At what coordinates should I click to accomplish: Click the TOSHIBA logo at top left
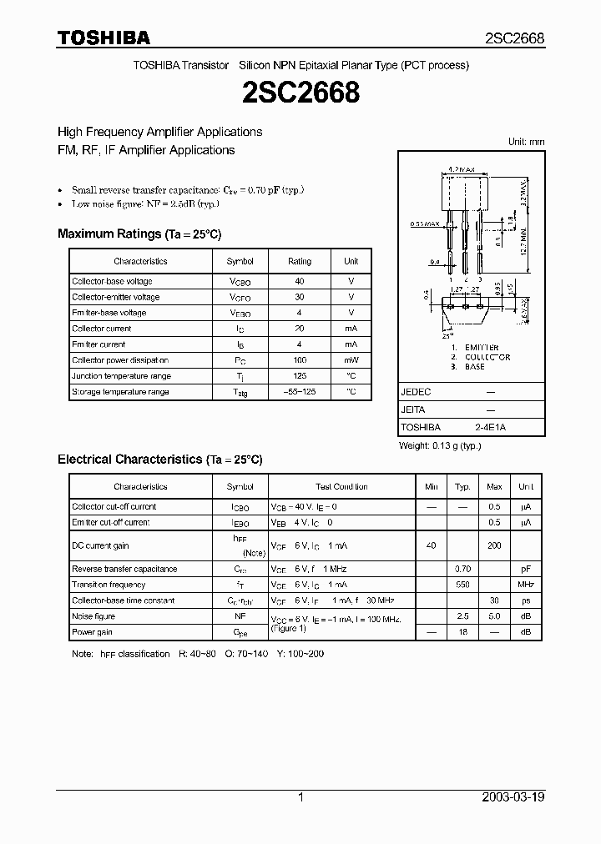(x=104, y=38)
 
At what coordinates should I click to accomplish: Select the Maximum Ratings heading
(x=139, y=234)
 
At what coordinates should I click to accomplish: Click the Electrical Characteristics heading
(x=159, y=460)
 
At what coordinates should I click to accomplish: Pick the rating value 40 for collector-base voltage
(x=300, y=281)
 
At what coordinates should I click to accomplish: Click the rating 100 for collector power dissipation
(x=300, y=360)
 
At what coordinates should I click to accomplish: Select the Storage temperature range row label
(x=120, y=392)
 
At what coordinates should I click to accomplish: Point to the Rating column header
(x=300, y=261)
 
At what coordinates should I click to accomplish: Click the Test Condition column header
(x=341, y=486)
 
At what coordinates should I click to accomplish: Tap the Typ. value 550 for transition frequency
(x=462, y=585)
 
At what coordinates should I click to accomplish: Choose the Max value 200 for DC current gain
(x=494, y=545)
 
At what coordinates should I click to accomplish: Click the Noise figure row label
(x=93, y=616)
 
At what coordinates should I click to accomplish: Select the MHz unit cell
(x=526, y=585)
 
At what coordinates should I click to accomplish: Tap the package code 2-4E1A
(x=490, y=427)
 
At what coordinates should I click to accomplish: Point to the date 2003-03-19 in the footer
(x=513, y=797)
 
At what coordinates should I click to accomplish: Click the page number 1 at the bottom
(x=300, y=797)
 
